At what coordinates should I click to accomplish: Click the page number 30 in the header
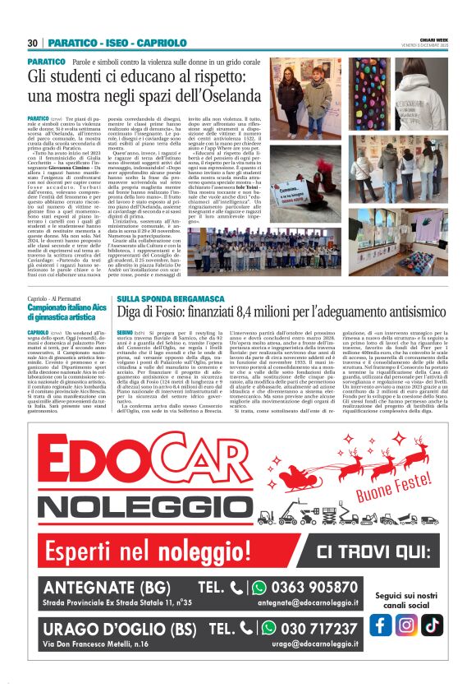point(33,43)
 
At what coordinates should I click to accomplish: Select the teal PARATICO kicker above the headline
point(46,62)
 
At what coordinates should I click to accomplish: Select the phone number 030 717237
point(315,627)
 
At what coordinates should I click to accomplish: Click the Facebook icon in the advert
point(380,625)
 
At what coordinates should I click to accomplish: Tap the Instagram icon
point(405,625)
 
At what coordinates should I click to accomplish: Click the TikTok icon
point(432,625)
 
